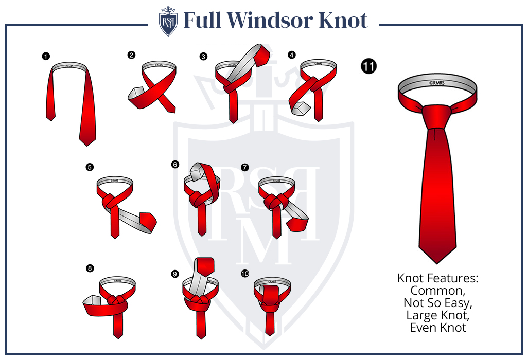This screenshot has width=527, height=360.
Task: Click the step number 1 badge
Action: [x=46, y=56]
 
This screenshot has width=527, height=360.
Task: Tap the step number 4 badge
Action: [x=292, y=55]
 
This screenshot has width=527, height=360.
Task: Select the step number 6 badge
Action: [x=175, y=164]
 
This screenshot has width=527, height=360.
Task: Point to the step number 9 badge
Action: [x=175, y=274]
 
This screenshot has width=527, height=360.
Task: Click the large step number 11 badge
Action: [x=368, y=66]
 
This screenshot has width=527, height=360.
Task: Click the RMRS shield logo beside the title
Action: [x=168, y=21]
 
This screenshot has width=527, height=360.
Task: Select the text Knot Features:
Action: [x=437, y=278]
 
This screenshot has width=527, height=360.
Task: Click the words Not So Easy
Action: [x=437, y=303]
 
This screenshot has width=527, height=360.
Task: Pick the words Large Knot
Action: [x=437, y=315]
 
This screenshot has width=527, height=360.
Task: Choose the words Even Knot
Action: [x=437, y=328]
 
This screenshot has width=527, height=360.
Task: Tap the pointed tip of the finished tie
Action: [x=437, y=263]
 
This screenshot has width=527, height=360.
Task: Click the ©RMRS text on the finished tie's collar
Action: [x=437, y=83]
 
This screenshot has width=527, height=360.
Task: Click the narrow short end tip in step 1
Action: [x=50, y=120]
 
